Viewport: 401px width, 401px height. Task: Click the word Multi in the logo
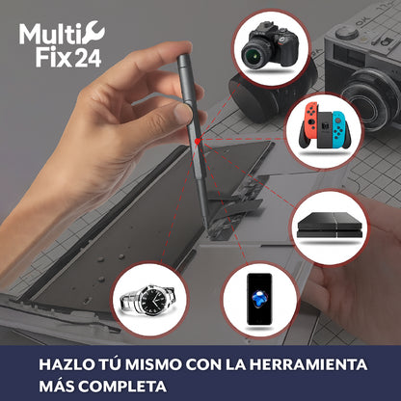pos(45,37)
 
